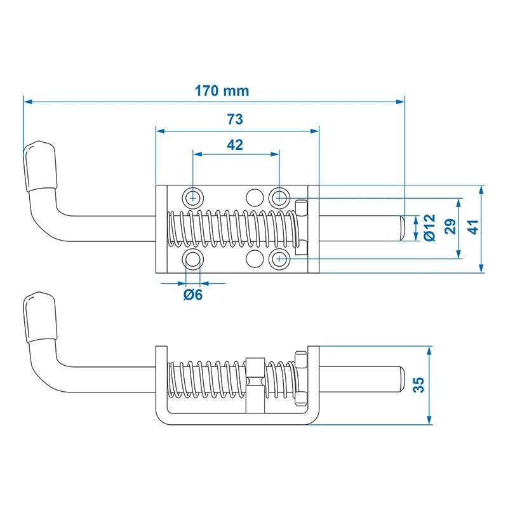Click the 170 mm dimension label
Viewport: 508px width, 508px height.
pos(222,91)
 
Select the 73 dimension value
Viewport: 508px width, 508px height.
pos(235,119)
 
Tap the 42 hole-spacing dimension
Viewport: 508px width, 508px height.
pos(235,145)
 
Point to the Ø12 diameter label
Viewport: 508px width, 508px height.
pos(430,227)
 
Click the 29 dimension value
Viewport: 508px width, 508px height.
pos(451,226)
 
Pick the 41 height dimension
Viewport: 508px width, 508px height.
pos(473,227)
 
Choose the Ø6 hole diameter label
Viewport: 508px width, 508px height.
pos(193,295)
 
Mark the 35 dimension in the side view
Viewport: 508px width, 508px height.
pos(418,385)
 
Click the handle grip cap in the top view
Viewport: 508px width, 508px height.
pos(40,166)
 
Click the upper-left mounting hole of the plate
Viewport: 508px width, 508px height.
pos(193,197)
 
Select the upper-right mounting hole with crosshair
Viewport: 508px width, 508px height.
pos(279,197)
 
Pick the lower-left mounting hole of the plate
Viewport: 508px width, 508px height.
pos(193,259)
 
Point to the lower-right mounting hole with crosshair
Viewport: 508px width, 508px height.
pos(279,259)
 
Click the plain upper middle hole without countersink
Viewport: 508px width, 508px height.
pos(255,197)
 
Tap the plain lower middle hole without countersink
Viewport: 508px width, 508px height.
pos(255,259)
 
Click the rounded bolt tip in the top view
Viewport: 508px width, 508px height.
pos(401,228)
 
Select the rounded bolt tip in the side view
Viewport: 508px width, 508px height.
pos(401,379)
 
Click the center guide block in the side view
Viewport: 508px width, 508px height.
pos(255,385)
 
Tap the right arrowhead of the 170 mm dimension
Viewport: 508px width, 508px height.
pos(401,102)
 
